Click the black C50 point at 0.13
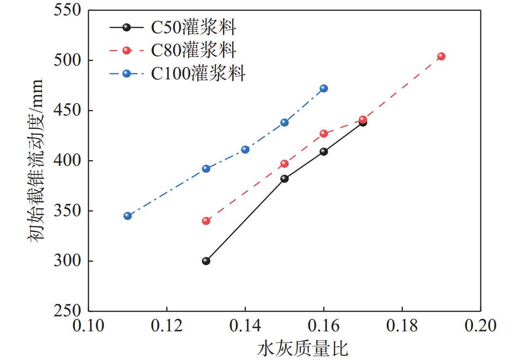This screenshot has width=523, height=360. [x=206, y=261]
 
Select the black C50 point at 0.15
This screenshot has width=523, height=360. [x=285, y=179]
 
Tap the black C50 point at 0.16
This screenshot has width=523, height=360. [x=324, y=152]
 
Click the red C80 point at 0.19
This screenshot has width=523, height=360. [x=442, y=57]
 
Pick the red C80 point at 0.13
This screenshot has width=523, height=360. [x=206, y=221]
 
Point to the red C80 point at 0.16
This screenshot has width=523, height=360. [x=324, y=134]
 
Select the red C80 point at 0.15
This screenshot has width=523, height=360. [x=285, y=164]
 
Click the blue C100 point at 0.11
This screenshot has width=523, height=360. [x=128, y=216]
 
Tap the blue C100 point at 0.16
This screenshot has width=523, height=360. [x=324, y=89]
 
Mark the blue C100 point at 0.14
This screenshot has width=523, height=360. [x=245, y=150]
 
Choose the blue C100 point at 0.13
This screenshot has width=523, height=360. [x=206, y=169]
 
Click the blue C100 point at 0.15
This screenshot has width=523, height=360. [x=285, y=123]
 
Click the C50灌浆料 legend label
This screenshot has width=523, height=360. [x=193, y=28]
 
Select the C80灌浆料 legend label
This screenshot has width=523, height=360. [x=193, y=51]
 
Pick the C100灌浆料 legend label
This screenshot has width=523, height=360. [x=198, y=74]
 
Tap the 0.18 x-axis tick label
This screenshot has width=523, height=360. [x=402, y=326]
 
